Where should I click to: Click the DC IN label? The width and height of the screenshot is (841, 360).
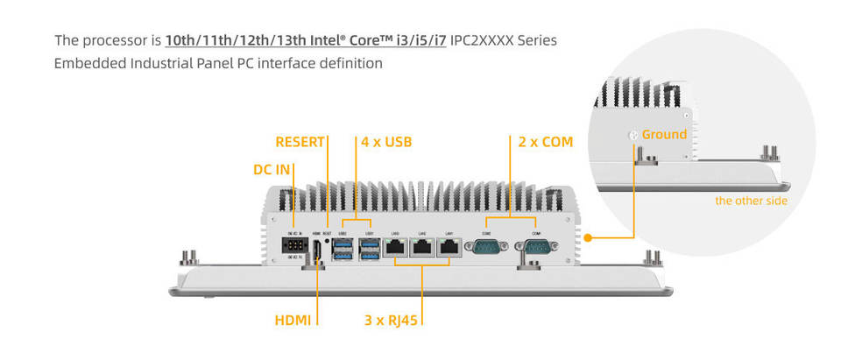[272, 170]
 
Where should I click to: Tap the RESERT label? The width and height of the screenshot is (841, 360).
[300, 141]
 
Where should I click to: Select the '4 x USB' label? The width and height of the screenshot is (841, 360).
[385, 141]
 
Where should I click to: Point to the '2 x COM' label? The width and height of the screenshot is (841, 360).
[545, 141]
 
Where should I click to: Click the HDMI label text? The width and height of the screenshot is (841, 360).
[293, 321]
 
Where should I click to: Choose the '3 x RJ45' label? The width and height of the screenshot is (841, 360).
[391, 321]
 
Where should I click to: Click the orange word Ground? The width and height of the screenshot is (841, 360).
[664, 135]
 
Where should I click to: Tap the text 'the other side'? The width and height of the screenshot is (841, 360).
[751, 201]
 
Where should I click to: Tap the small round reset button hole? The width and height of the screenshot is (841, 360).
[327, 241]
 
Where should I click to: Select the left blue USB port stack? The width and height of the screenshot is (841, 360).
[342, 247]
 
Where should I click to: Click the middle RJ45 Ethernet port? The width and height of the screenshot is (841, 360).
[422, 248]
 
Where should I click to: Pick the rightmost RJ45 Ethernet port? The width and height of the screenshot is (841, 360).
[449, 248]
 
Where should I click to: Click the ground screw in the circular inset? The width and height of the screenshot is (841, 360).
[633, 136]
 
